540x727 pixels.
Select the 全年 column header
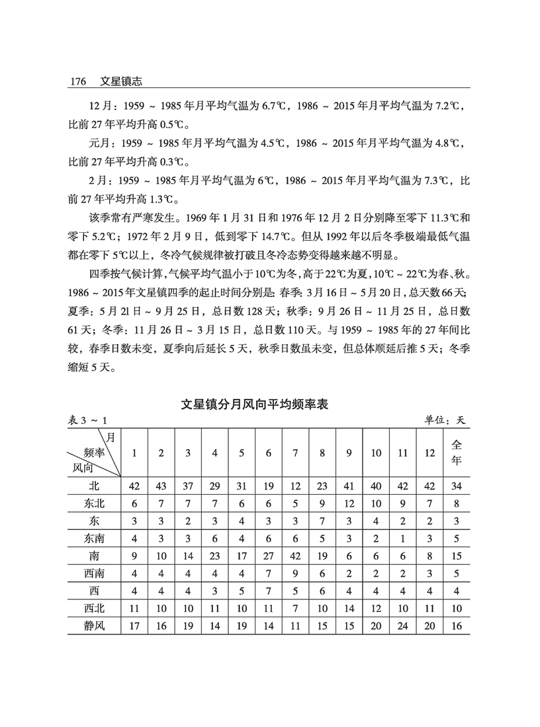pos(456,452)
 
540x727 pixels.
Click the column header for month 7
pos(296,453)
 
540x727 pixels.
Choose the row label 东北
pos(94,503)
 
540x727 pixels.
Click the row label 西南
pos(94,572)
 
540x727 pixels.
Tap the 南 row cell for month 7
pos(296,555)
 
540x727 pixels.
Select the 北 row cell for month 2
pos(161,486)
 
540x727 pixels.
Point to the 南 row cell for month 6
pos(269,555)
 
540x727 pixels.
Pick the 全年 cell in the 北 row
pos(456,486)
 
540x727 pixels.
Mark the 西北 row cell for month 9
pos(349,607)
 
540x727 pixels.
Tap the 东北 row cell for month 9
pos(349,503)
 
